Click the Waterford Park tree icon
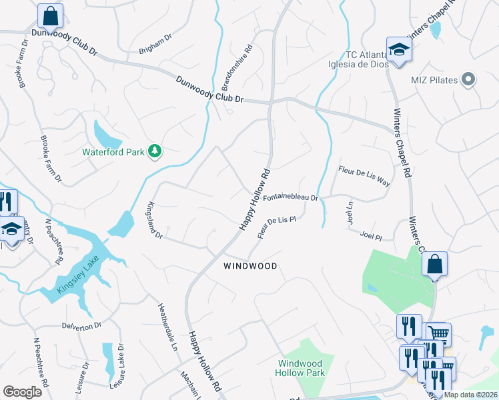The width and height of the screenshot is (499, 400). (155, 151)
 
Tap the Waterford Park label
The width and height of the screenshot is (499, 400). (113, 152)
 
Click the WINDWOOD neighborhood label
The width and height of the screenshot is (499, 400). (249, 266)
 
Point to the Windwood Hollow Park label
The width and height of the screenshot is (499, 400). (301, 368)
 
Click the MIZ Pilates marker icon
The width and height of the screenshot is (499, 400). (468, 80)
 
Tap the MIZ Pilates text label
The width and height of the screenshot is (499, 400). (434, 81)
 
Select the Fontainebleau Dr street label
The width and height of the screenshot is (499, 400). (290, 198)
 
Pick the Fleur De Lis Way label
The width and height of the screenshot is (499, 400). (364, 177)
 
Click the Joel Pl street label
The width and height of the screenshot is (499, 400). (370, 236)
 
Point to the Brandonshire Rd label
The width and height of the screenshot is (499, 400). (238, 67)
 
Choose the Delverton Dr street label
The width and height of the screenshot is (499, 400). (81, 325)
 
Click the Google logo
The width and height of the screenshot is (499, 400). (22, 392)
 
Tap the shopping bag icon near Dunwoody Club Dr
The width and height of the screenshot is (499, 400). (50, 15)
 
